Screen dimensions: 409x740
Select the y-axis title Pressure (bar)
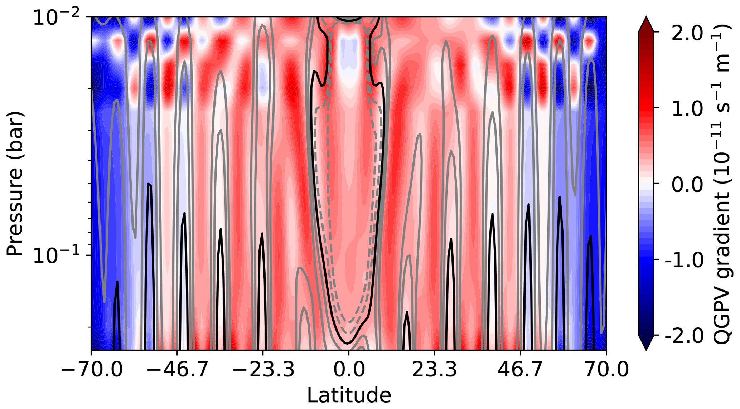point(15,183)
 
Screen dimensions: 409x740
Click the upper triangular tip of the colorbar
point(646,22)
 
